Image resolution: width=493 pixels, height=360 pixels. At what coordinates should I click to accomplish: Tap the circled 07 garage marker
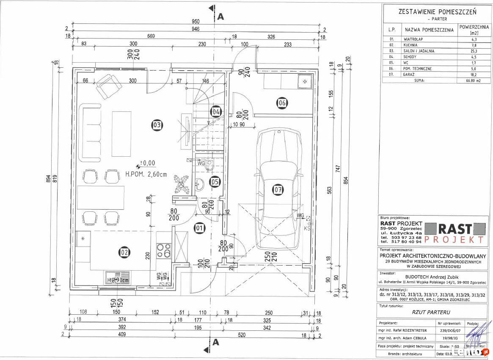pos(278,190)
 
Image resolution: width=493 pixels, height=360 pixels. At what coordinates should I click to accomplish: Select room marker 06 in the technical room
pos(282,102)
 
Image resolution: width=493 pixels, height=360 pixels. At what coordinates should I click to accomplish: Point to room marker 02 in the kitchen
pos(124,252)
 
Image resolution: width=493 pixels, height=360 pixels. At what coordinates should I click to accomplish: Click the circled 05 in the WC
pos(215,182)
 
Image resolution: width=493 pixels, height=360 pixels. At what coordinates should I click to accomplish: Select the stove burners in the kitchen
pos(164,250)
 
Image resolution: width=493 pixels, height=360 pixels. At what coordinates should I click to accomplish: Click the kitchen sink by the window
pos(118,278)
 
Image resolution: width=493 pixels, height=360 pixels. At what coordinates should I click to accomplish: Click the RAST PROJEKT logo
pos(454,233)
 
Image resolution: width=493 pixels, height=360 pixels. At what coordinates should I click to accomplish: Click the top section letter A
pos(220,17)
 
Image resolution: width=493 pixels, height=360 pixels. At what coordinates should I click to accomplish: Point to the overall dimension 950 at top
pos(195,21)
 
